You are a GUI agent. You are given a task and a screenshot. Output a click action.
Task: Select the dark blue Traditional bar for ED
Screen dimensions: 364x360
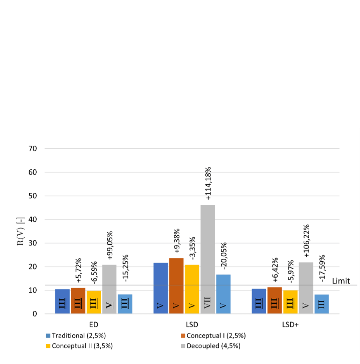tap(62, 301)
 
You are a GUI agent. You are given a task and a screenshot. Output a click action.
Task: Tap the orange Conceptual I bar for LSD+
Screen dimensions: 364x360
tap(275, 300)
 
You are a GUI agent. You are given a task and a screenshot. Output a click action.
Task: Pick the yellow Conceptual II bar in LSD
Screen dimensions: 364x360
tap(192, 289)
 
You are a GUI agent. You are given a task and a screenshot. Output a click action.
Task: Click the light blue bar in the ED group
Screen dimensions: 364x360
tap(125, 304)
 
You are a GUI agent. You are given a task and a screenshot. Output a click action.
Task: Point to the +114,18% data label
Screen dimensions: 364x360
tap(208, 184)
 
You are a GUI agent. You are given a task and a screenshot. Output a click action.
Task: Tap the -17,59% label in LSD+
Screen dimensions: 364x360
tap(322, 269)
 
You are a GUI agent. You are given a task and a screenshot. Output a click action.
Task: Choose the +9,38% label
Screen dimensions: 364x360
tap(177, 241)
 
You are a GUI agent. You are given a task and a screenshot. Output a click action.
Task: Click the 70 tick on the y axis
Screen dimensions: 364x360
tap(32, 149)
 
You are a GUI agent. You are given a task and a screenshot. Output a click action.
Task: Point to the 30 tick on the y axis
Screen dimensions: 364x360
tap(32, 243)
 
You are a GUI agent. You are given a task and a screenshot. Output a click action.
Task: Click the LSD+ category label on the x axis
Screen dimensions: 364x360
tap(291, 324)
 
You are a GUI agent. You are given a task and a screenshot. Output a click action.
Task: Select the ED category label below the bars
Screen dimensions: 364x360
tap(94, 324)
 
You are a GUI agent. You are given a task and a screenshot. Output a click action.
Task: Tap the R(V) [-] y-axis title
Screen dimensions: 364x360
tap(20, 231)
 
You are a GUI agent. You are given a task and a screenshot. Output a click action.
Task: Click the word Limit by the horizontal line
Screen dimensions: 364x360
tap(342, 281)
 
